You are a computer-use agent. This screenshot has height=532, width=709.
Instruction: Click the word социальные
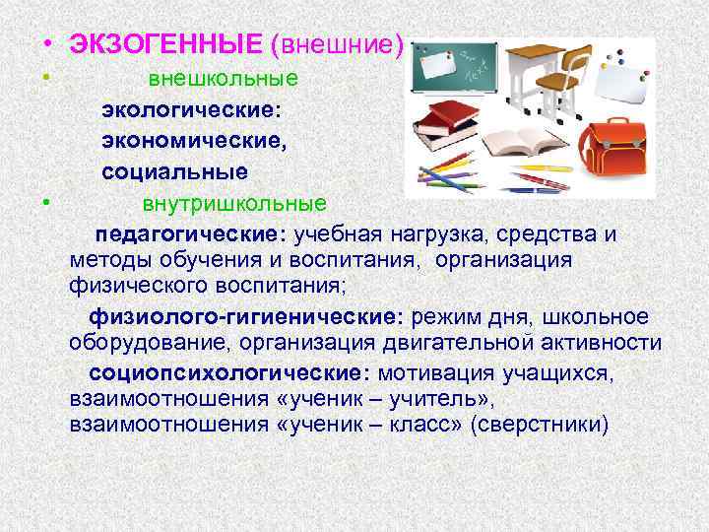pos(174,172)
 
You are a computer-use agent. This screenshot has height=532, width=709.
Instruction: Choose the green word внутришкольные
pos(233,205)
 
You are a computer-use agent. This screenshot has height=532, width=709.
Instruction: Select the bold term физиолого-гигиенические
pos(247,317)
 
